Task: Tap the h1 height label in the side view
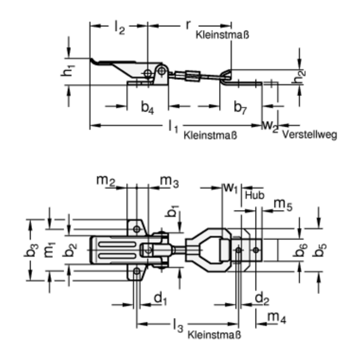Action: pos(70,70)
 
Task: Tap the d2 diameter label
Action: pos(260,298)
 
